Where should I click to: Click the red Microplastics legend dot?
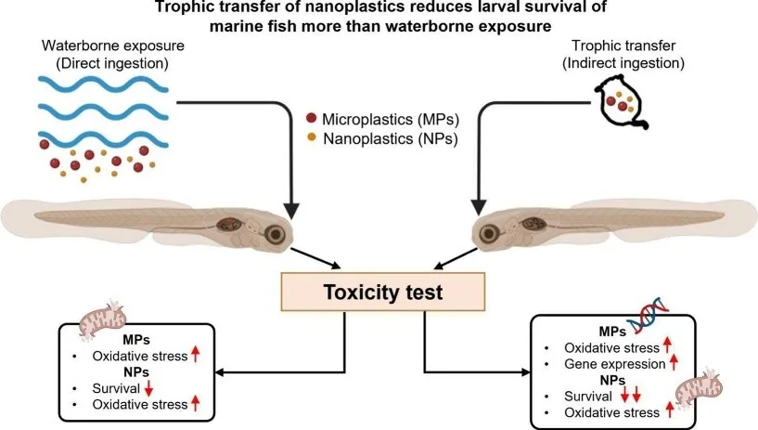pyautogui.click(x=311, y=119)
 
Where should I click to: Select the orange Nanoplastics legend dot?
pyautogui.click(x=311, y=138)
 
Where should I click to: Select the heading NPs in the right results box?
pyautogui.click(x=611, y=381)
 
